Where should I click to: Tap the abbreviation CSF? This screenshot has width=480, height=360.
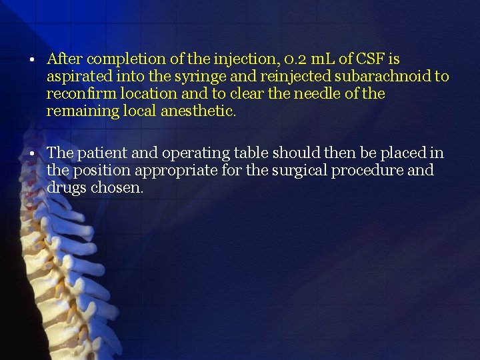point(374,59)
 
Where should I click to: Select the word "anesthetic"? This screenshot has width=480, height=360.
point(199,111)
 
